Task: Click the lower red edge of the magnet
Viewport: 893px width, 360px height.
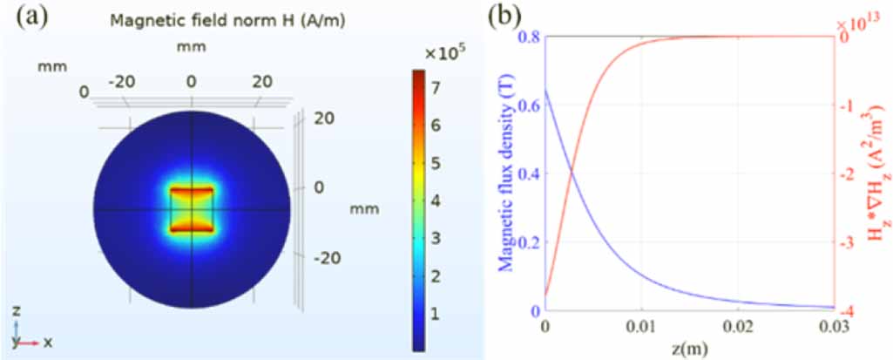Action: tap(191, 228)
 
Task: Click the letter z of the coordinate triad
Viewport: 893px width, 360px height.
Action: tap(17, 311)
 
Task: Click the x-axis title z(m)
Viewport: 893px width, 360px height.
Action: tap(689, 350)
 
